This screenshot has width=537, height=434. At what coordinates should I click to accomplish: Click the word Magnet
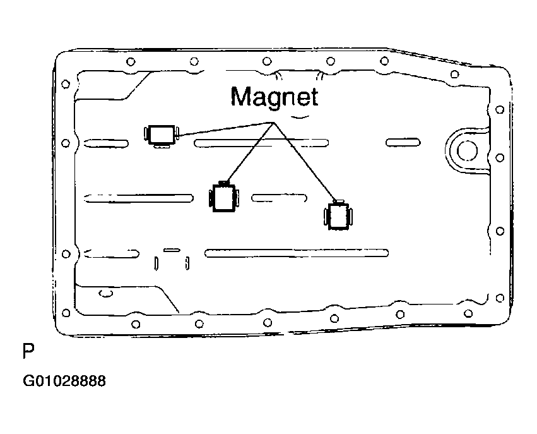click(x=274, y=97)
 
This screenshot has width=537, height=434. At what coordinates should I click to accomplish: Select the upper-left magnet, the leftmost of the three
click(x=161, y=134)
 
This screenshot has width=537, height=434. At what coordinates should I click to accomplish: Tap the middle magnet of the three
click(x=223, y=198)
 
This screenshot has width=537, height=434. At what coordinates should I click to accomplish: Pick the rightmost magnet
click(x=339, y=217)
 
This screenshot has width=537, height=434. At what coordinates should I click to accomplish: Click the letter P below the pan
click(x=27, y=351)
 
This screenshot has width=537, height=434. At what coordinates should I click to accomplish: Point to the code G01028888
click(x=64, y=382)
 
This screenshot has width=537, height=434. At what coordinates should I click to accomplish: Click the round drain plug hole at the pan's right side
click(x=467, y=150)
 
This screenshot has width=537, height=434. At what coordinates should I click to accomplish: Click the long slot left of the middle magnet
click(x=139, y=198)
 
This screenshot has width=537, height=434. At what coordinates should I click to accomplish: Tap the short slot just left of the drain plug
click(x=403, y=142)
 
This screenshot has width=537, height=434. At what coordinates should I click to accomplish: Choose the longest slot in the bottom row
click(x=297, y=254)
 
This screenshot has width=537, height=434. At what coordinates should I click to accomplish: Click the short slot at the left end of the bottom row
click(x=112, y=254)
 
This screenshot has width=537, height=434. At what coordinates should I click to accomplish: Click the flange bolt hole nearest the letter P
click(x=66, y=311)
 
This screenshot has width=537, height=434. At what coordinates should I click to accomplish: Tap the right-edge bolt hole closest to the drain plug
click(x=499, y=157)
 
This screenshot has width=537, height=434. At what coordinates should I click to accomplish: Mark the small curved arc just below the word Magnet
click(x=299, y=118)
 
